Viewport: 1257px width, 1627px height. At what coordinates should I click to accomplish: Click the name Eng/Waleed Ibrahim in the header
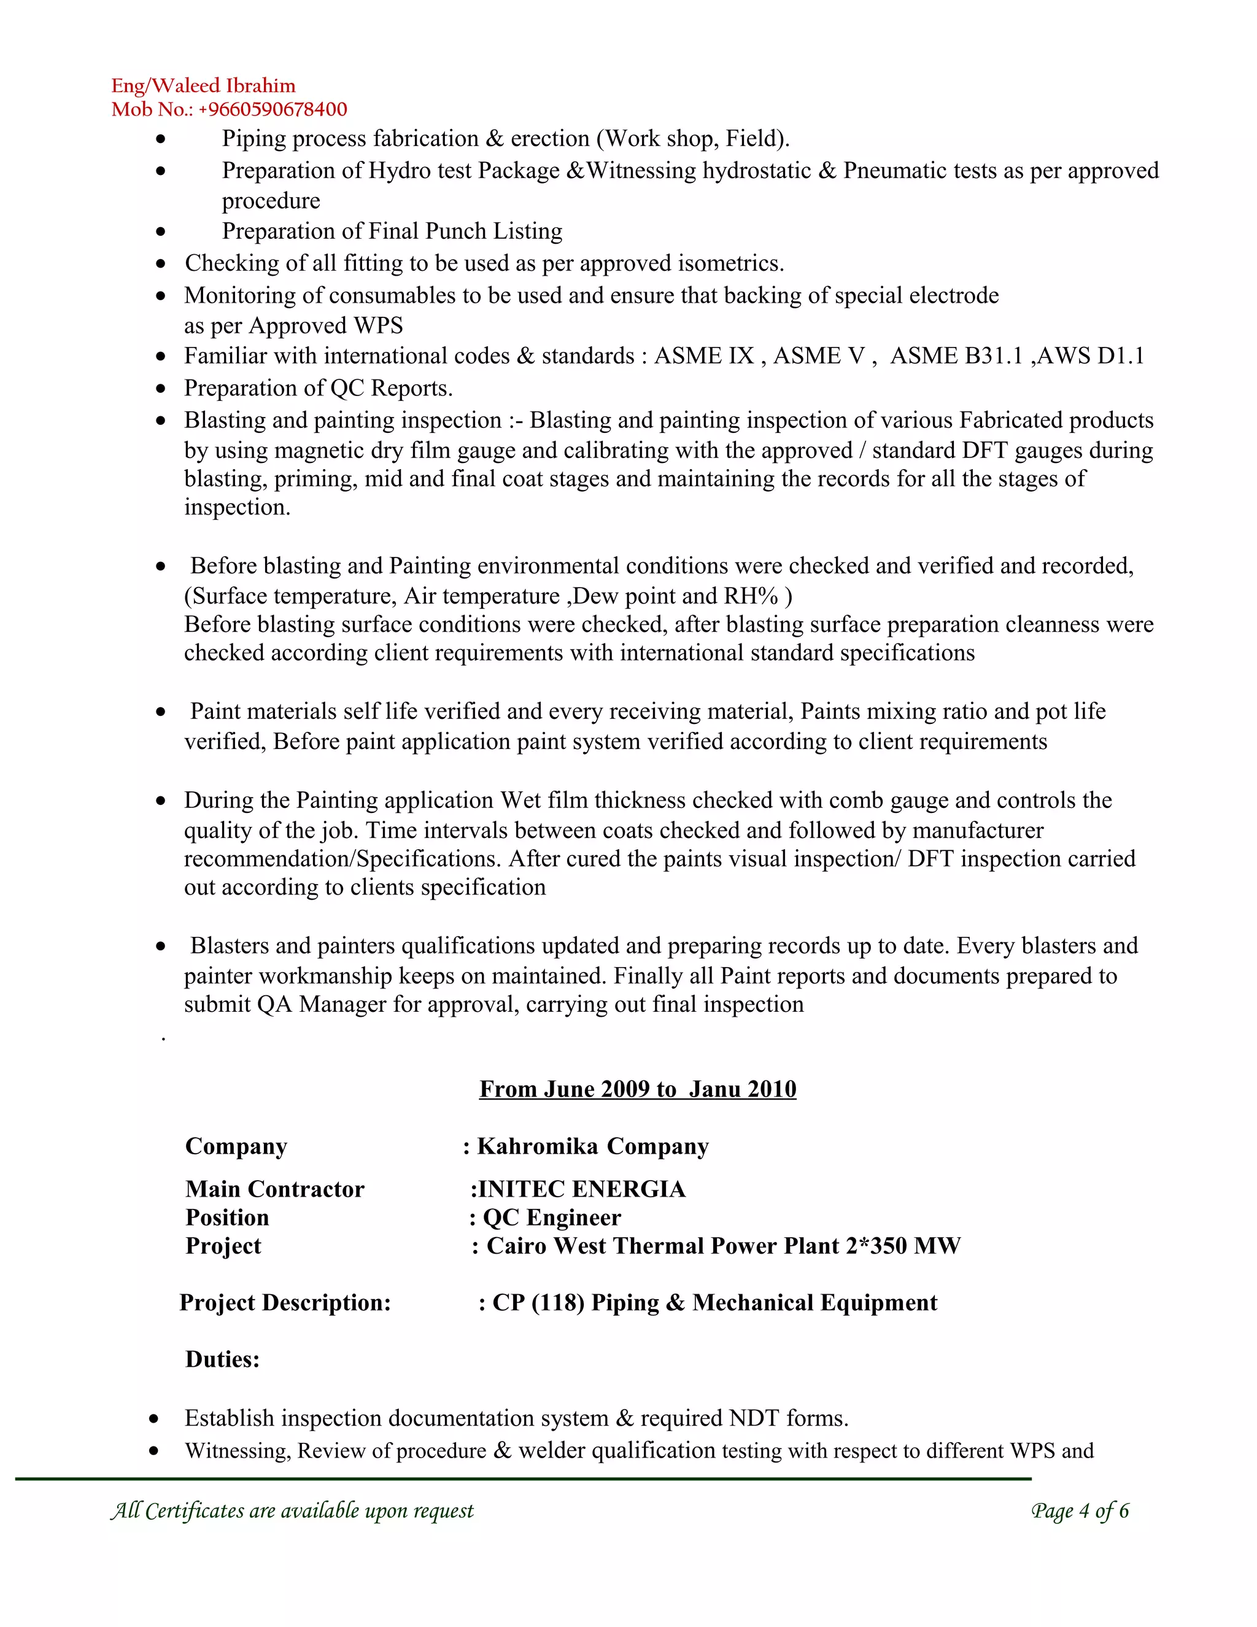(203, 86)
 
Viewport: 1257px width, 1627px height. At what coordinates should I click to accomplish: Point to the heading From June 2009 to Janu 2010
(638, 1089)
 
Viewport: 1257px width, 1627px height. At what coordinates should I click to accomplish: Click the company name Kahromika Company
(593, 1146)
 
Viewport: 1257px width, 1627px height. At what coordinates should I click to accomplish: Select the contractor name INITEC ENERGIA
(581, 1189)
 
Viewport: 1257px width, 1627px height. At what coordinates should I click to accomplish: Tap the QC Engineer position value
(551, 1217)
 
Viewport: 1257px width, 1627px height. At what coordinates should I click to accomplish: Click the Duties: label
(222, 1359)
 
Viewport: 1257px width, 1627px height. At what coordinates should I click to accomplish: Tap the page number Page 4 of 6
(1080, 1511)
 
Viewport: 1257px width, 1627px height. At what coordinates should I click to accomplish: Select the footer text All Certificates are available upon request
(292, 1511)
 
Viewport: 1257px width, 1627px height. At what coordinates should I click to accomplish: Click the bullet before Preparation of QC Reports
(161, 389)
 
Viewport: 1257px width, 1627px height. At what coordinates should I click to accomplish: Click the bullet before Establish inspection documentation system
(153, 1418)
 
